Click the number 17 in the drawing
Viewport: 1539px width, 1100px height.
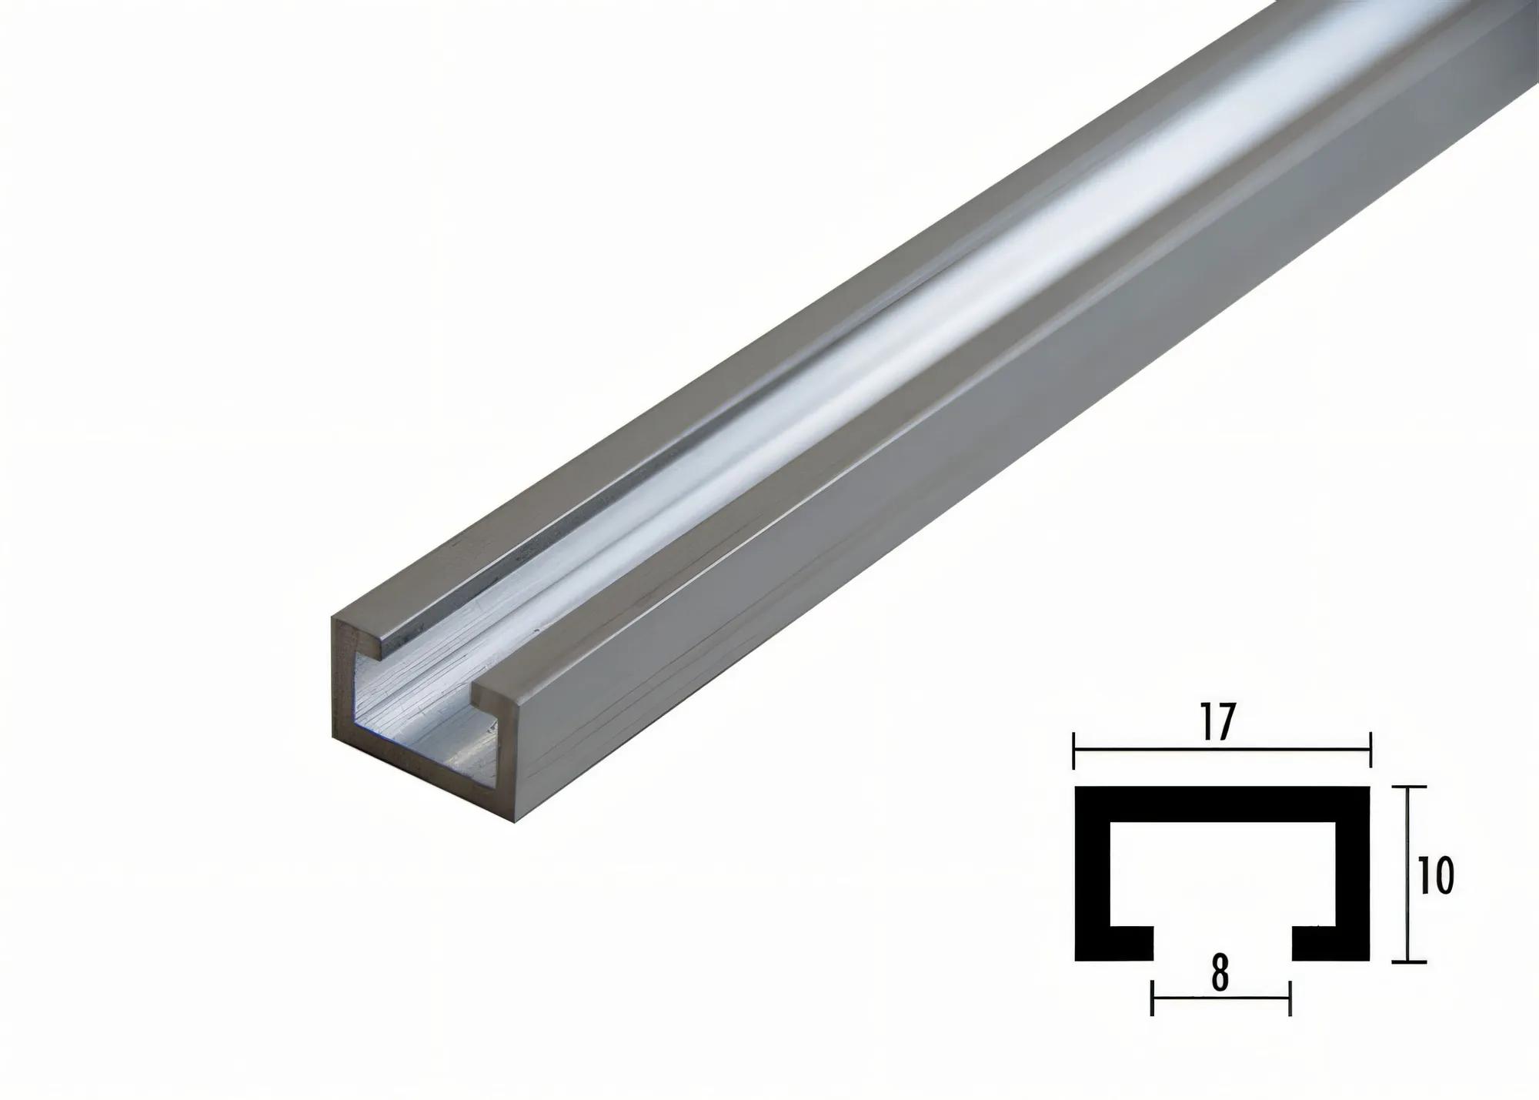(1220, 724)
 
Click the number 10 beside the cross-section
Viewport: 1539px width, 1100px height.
(1435, 875)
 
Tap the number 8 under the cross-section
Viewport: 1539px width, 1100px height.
(1220, 975)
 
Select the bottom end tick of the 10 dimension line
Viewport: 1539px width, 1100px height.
(1408, 961)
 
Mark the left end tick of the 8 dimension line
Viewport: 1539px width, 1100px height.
(1152, 998)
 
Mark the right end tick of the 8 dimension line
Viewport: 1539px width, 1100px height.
(1290, 998)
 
